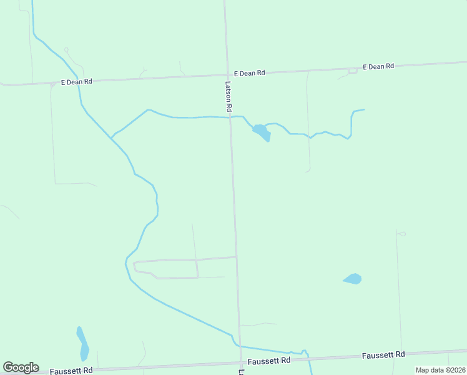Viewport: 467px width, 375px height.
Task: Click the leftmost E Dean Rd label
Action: (x=76, y=81)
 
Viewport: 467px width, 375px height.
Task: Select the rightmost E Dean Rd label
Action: (x=379, y=66)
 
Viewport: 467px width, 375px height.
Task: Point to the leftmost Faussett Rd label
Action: (x=71, y=370)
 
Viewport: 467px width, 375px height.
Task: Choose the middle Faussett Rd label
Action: (x=268, y=361)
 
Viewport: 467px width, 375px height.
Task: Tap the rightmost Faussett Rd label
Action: (x=383, y=355)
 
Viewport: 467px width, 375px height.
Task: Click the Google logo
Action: (x=21, y=367)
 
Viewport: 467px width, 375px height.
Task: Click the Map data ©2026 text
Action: (x=440, y=370)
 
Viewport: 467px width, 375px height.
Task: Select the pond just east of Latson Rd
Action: (x=262, y=132)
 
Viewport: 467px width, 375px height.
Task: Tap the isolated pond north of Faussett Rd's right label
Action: (x=353, y=279)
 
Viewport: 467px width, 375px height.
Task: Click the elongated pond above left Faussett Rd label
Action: (x=82, y=343)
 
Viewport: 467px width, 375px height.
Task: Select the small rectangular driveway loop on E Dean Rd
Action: (x=352, y=71)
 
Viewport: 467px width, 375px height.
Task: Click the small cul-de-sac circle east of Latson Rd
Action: (x=401, y=234)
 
